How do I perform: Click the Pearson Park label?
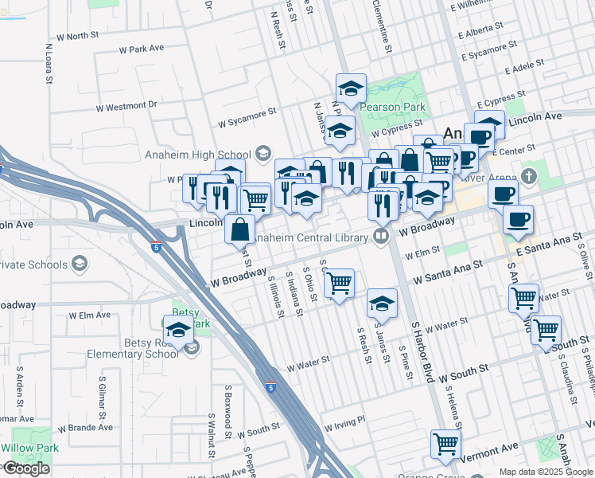392,107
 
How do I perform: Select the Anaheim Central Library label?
316,236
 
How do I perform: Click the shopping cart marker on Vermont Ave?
446,443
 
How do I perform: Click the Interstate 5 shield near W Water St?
272,388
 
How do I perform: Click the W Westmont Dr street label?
126,105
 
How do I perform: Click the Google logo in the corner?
26,468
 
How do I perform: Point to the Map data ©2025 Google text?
546,472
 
